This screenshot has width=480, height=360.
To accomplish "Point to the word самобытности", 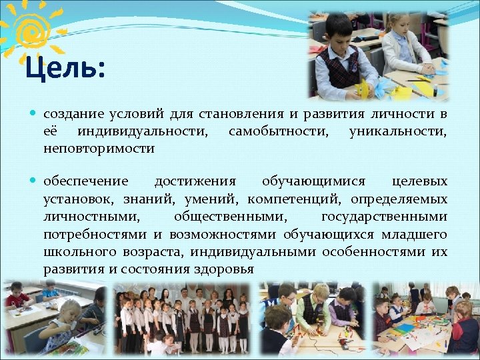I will coord(278,131).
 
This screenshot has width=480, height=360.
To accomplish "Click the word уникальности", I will coord(397,131).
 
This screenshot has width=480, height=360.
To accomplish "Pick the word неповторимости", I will coord(99,149).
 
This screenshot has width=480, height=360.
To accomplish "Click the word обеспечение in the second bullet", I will coord(85,181).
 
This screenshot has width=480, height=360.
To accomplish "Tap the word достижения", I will coord(195,181).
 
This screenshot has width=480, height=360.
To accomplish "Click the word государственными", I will coord(384,216).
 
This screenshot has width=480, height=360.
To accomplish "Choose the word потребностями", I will coord(95,234).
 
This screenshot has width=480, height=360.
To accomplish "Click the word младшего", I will coord(413,234).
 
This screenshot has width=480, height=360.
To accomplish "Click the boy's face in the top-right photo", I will coord(341,32).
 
